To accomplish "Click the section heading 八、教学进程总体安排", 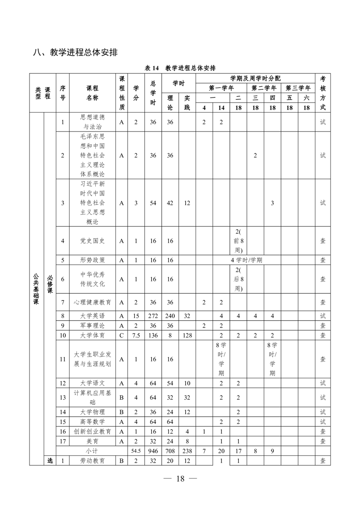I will click(x=75, y=53).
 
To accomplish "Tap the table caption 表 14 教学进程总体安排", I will click(x=180, y=68).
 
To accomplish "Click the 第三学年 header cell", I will click(x=298, y=88).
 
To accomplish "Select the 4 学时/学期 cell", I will click(x=247, y=260).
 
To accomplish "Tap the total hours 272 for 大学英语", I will click(x=153, y=316).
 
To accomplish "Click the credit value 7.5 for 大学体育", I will click(x=136, y=336).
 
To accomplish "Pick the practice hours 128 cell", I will click(x=187, y=336).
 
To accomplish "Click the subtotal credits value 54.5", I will click(x=136, y=451).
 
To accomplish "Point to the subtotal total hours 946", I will click(x=153, y=451).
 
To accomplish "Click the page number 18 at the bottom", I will click(x=180, y=478).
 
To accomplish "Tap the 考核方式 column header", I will click(x=323, y=93).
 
